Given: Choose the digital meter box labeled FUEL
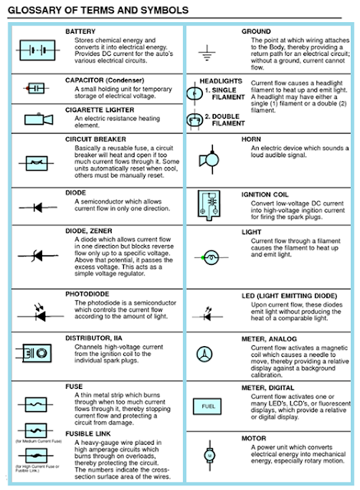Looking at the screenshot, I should point(207,406).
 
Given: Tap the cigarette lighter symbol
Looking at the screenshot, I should point(35,119).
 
